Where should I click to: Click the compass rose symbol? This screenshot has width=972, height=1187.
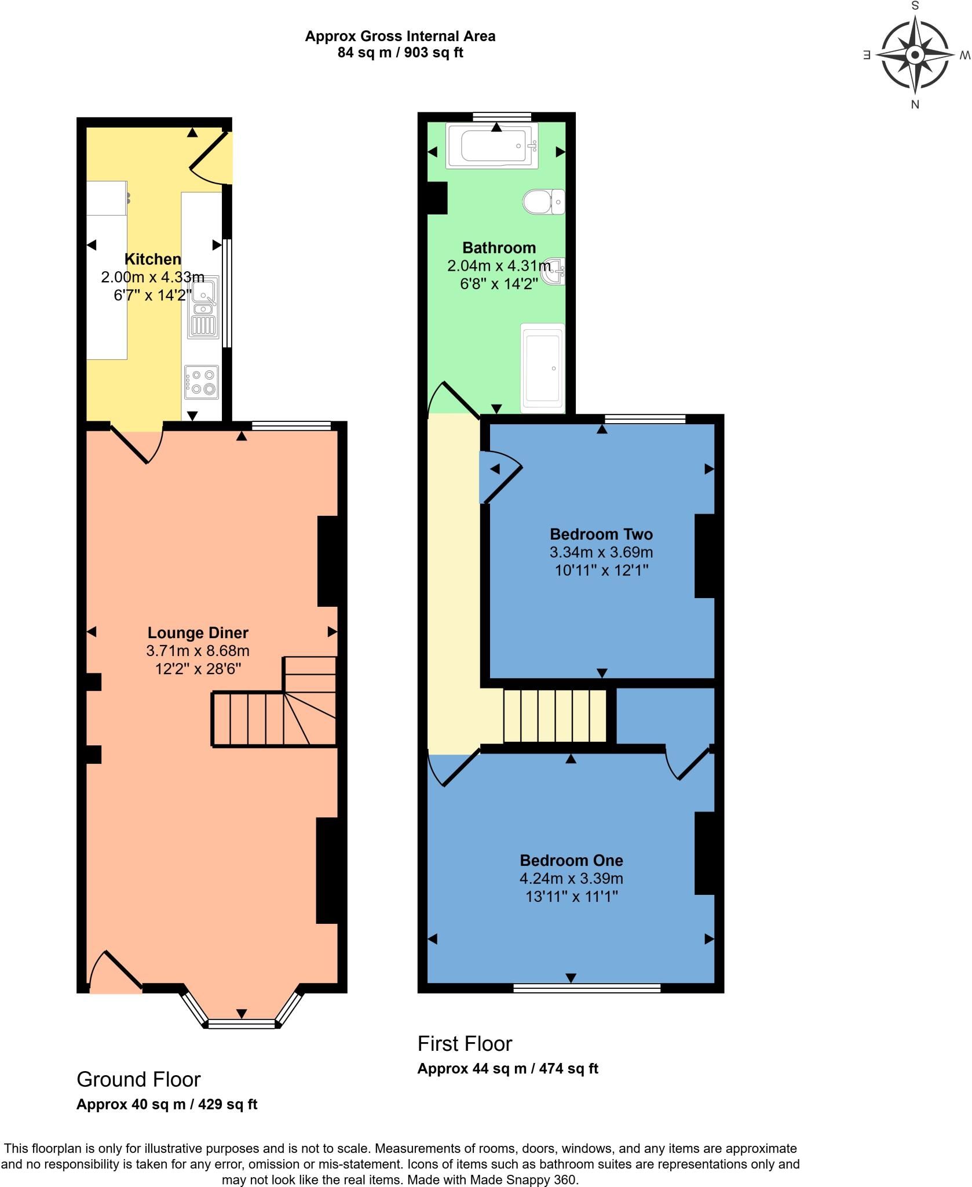(x=915, y=56)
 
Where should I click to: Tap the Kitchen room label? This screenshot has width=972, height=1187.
(x=153, y=259)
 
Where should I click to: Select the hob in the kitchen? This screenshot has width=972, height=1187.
(x=202, y=383)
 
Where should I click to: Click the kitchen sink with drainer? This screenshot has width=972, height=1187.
(x=202, y=307)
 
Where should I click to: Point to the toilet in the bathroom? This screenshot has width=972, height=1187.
(x=543, y=202)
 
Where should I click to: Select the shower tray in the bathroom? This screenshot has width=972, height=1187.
(x=542, y=368)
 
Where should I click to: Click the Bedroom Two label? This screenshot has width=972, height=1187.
(x=601, y=534)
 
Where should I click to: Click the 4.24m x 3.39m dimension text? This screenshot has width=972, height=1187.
(x=571, y=878)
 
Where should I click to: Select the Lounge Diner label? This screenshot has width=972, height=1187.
(x=198, y=633)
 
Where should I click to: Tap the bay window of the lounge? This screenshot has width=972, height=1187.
(x=242, y=1024)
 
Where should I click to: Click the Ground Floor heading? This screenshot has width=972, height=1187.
(x=138, y=1079)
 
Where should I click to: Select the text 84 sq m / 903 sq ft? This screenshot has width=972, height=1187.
(x=400, y=53)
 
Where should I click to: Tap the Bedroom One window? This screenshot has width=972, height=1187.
(x=586, y=988)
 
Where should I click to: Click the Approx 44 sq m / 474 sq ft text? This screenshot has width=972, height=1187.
(x=507, y=1068)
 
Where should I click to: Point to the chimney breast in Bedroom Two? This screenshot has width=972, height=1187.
(x=704, y=555)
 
